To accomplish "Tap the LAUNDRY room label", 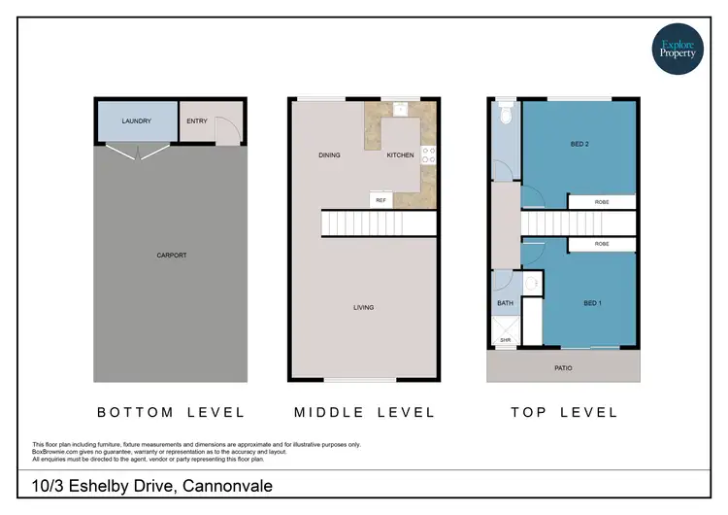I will [136, 121].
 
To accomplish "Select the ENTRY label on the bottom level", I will [197, 121].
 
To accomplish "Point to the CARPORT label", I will [171, 256].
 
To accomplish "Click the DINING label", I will [328, 155].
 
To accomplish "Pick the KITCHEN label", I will [400, 155].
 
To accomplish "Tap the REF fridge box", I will [381, 199].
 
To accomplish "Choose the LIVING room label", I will [363, 308].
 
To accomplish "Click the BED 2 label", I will [579, 145].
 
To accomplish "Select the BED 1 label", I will [593, 304].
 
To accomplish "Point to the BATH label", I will [505, 303].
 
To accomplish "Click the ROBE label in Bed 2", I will [602, 203].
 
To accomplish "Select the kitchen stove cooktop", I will [428, 154].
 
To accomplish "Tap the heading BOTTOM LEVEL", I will [171, 413].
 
